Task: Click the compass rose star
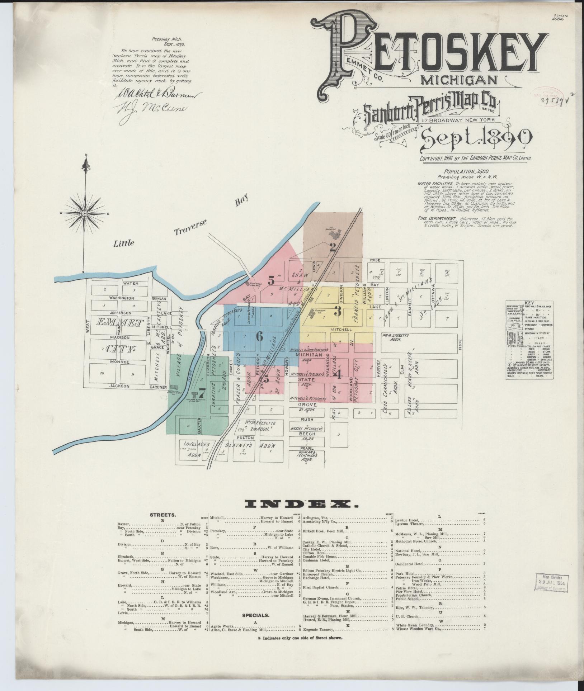point(85,213)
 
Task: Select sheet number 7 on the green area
point(202,392)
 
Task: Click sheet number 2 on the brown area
point(333,247)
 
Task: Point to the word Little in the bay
point(124,243)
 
